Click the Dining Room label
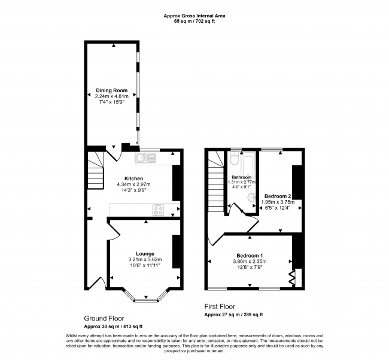coord(112,90)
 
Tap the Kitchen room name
coord(133,179)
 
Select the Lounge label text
coord(145,254)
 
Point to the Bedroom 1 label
coord(250,256)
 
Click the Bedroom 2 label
coord(278,196)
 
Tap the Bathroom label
coord(242,177)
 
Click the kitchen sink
coord(145,158)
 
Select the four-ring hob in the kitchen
coord(158,210)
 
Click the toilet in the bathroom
coord(234,158)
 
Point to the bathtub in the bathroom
coord(248,164)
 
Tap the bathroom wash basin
coord(251,198)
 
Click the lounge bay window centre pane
coord(146,301)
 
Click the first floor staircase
coord(216,182)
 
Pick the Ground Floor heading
coord(104,318)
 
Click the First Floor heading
coord(220,306)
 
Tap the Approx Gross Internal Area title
coord(194,16)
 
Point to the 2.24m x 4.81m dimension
coord(112,96)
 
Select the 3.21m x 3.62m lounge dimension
coord(145,259)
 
